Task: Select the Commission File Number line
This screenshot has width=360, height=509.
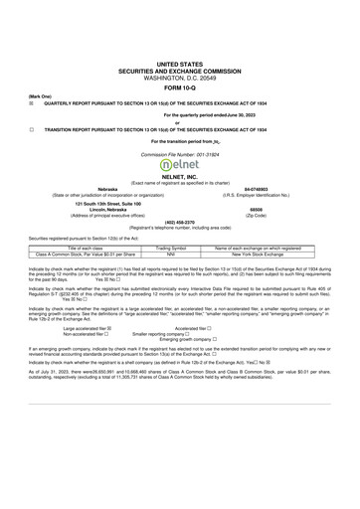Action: point(180,152)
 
